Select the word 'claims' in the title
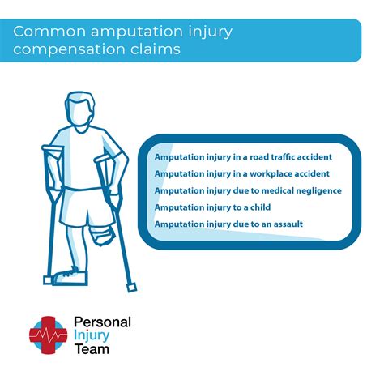pos(155,49)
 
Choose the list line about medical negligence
pos(248,190)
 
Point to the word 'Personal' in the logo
pos(102,322)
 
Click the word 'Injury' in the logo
pos(95,336)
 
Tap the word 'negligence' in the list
pos(313,190)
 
